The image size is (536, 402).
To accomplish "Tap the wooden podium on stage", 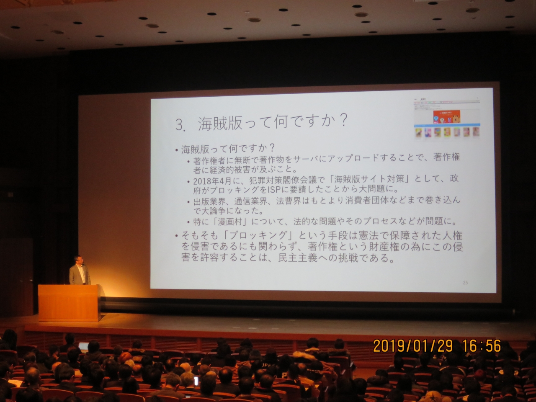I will [x=70, y=302].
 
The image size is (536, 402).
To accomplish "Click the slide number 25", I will [x=465, y=283].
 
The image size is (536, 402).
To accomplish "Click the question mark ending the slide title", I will [x=343, y=121].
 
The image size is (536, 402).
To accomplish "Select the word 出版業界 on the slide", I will [x=209, y=201].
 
